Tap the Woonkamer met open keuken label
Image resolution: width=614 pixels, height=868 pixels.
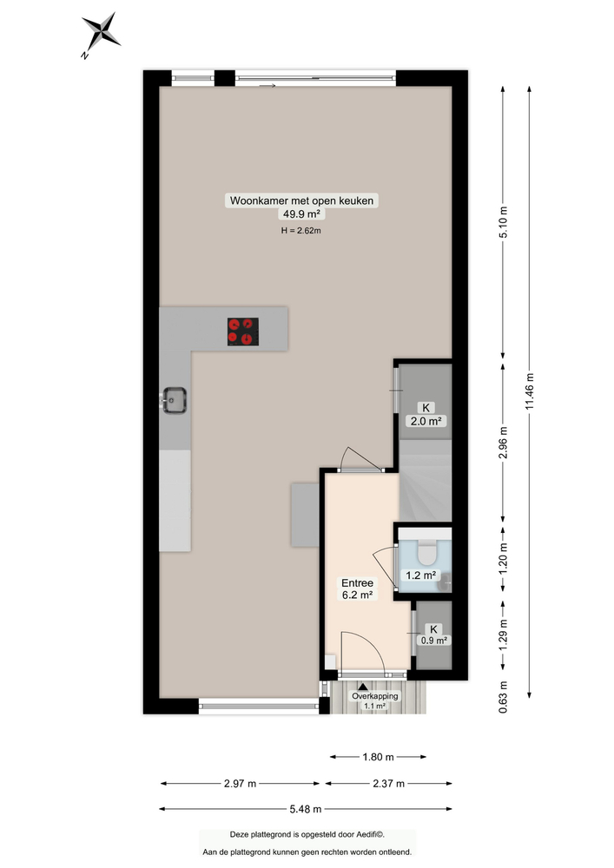click(x=302, y=201)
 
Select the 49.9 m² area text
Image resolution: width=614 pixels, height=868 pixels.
click(x=301, y=214)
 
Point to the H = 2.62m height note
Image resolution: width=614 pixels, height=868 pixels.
click(x=301, y=231)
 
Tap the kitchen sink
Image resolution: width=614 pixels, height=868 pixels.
click(x=175, y=400)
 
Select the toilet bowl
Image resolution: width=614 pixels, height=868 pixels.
click(x=426, y=552)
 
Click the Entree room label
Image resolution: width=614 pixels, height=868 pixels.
click(x=356, y=582)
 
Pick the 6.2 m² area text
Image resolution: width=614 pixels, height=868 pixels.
click(x=356, y=595)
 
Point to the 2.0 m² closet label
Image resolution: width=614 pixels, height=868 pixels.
click(x=426, y=422)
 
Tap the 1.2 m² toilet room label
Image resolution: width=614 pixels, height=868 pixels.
click(x=421, y=575)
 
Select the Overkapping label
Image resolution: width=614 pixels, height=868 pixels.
click(x=374, y=696)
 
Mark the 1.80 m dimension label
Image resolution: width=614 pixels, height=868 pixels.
click(x=376, y=756)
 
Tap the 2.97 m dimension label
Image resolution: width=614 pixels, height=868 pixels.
click(x=239, y=784)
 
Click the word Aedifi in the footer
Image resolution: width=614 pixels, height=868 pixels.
click(x=372, y=834)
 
